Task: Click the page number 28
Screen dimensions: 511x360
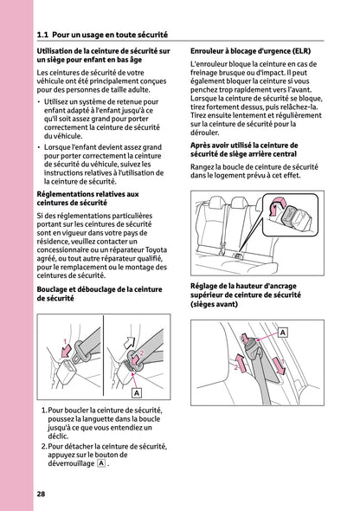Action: pyautogui.click(x=42, y=494)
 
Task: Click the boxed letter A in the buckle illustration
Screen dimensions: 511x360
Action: pyautogui.click(x=135, y=392)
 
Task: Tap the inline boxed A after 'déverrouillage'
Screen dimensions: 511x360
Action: pyautogui.click(x=102, y=463)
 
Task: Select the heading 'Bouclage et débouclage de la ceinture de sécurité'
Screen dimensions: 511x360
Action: pyautogui.click(x=99, y=292)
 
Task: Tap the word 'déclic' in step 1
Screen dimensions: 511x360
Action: pyautogui.click(x=60, y=437)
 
